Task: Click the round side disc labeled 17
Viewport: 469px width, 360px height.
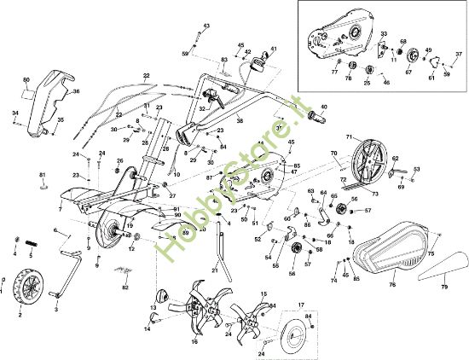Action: [x=297, y=328]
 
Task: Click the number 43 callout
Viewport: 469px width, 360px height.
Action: [x=206, y=27]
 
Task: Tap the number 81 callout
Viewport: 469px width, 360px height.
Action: [x=42, y=175]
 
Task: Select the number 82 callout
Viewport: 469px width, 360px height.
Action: [x=124, y=287]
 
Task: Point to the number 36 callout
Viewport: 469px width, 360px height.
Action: [x=76, y=91]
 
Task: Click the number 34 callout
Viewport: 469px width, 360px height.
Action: [x=14, y=113]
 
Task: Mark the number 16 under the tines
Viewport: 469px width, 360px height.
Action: [x=194, y=342]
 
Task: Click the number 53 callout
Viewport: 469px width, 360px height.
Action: [x=416, y=170]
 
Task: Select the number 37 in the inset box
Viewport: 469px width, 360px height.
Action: [x=458, y=55]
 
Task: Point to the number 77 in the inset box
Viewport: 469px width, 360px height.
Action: [x=334, y=72]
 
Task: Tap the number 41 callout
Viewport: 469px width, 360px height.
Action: [x=273, y=49]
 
